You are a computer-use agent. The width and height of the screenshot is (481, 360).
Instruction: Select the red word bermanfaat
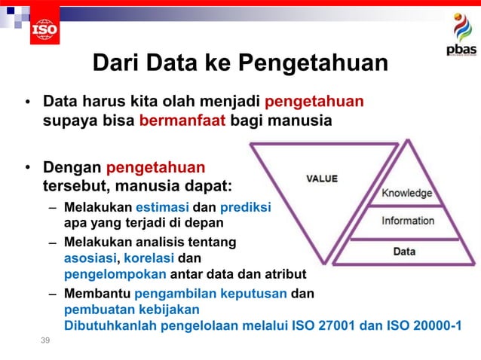[182, 120]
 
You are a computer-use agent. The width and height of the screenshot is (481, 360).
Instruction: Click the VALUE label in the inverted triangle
[322, 178]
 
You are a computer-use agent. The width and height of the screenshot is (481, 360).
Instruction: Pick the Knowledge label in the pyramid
[407, 193]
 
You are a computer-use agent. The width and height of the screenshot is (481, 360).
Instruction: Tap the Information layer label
[408, 221]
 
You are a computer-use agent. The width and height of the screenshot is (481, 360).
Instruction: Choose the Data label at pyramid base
[404, 251]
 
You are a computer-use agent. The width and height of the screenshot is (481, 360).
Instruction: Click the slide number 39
[47, 342]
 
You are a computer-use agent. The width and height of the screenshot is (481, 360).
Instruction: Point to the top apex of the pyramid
[408, 141]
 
